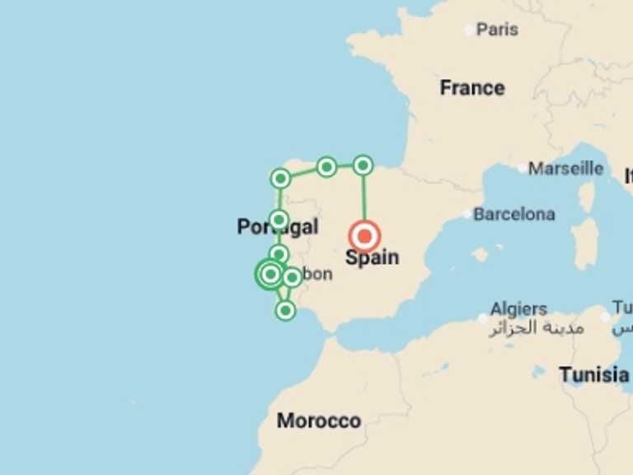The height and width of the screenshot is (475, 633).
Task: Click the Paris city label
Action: coord(497,30)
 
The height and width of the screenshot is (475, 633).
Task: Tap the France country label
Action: coord(471,87)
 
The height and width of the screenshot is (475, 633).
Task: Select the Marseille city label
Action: coord(565,168)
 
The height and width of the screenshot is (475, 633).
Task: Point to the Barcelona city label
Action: coord(513,214)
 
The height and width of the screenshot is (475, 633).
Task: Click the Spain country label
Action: coord(372,258)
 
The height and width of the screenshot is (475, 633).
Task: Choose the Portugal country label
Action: coord(277,227)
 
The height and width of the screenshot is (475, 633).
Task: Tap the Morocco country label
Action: coord(318,421)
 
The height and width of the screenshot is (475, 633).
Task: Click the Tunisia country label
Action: coord(593,375)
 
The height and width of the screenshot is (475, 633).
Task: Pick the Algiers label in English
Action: coord(518,309)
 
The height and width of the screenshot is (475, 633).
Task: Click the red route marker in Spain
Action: coord(364,236)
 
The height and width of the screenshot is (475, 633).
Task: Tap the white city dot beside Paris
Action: coord(469,31)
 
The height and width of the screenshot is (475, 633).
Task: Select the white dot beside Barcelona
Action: coord(467,214)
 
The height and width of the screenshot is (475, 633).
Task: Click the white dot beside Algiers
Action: coord(483,317)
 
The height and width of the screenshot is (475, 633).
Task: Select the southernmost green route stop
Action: coord(285,310)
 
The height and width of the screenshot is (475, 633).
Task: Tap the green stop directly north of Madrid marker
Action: coord(363,166)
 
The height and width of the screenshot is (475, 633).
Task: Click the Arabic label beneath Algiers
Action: coord(537,328)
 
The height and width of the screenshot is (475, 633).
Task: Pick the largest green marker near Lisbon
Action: coord(270,274)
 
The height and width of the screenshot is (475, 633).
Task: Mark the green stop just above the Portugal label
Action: coord(279,219)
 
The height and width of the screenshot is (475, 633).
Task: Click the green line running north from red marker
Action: coord(363,198)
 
